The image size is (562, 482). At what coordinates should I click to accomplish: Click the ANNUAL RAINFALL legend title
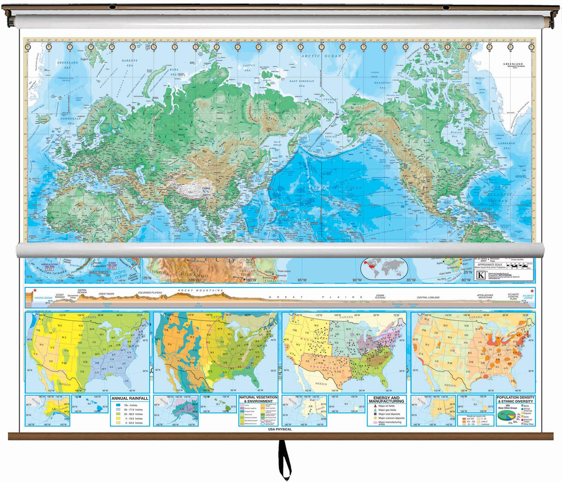pyautogui.click(x=130, y=399)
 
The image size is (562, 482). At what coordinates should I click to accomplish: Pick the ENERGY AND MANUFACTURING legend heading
pyautogui.click(x=386, y=399)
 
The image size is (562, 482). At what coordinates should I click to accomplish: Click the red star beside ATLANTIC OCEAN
pyautogui.click(x=532, y=291)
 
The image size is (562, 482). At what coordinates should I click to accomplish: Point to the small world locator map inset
pyautogui.click(x=385, y=269)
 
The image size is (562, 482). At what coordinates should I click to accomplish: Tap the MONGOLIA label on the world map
pyautogui.click(x=219, y=164)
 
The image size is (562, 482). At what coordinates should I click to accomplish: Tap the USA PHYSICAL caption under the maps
pyautogui.click(x=280, y=429)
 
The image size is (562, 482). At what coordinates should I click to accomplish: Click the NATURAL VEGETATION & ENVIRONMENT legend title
pyautogui.click(x=259, y=399)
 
